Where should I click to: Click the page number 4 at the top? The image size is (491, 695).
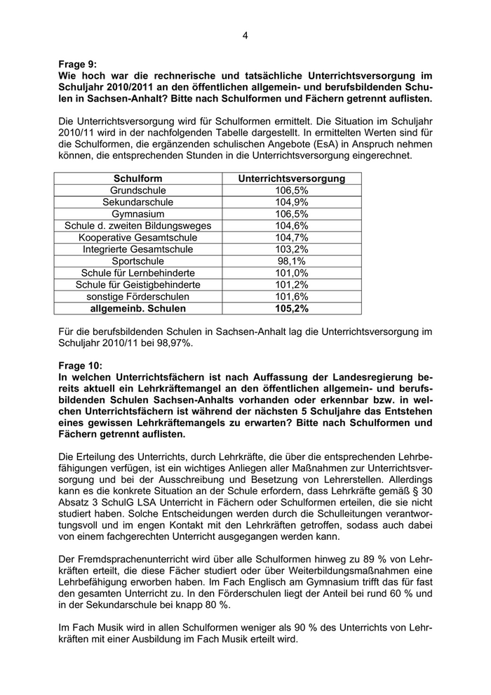[245, 35]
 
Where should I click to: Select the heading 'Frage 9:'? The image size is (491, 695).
[79, 64]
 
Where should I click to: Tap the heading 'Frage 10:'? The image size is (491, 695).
[81, 365]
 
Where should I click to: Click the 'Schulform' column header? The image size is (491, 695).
[137, 179]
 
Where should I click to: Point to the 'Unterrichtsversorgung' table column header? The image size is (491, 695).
[292, 179]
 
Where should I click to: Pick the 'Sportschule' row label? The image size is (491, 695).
[137, 261]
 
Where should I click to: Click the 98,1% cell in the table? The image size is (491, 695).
[292, 261]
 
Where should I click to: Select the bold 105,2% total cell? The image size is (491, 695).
[292, 308]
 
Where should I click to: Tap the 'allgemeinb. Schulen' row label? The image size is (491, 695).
[137, 308]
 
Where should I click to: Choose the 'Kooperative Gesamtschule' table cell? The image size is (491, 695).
[137, 237]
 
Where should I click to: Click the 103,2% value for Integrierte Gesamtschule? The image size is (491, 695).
[292, 249]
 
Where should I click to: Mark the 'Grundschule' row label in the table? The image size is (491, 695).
[137, 190]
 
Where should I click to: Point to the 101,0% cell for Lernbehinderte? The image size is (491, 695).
[292, 272]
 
